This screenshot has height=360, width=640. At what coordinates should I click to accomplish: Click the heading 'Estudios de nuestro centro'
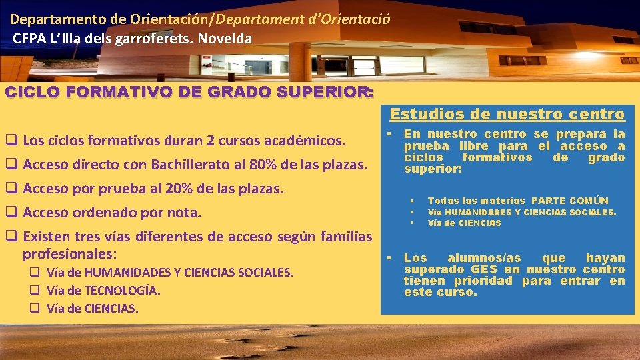click(507, 114)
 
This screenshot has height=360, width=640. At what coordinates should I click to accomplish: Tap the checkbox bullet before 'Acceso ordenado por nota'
click(11, 213)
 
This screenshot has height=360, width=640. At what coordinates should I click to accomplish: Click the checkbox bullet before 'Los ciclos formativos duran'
click(11, 141)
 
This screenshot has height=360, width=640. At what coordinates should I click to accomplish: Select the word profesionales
click(69, 254)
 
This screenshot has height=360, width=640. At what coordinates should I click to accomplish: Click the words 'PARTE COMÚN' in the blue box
click(570, 201)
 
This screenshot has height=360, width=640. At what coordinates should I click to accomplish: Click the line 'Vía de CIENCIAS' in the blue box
click(464, 223)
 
